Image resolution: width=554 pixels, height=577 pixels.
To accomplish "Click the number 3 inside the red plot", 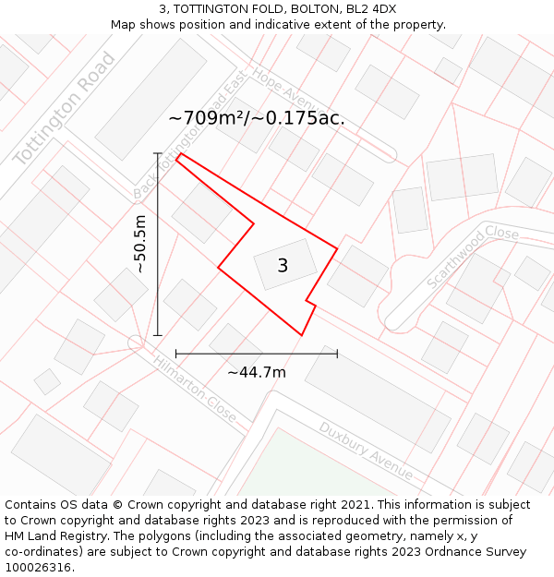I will (x=283, y=266).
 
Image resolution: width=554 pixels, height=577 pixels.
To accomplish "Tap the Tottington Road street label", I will (x=65, y=110).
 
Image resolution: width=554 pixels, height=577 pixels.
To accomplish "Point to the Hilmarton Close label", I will (x=195, y=391).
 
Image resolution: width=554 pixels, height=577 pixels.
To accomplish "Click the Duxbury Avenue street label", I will (x=366, y=451).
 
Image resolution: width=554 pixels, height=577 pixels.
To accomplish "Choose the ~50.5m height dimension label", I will (x=139, y=244).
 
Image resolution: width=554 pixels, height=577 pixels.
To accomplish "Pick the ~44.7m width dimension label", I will (x=257, y=372).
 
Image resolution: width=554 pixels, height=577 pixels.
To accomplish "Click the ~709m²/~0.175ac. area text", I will (x=257, y=118).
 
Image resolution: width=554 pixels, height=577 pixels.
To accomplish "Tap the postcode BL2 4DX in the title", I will (x=370, y=9).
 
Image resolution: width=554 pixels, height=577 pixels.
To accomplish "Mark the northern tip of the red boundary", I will (x=177, y=154).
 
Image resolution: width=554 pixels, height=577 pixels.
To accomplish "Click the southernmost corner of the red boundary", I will (x=301, y=335).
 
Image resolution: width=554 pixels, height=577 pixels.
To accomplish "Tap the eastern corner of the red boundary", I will (x=337, y=247).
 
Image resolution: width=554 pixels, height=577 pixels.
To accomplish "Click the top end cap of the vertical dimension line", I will (x=158, y=153).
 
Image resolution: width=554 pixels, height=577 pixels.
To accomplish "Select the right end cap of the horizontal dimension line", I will (x=337, y=354).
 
